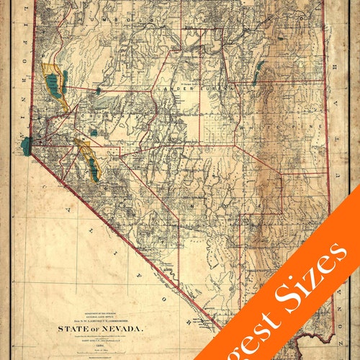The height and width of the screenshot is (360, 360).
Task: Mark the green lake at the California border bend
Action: coord(27,145)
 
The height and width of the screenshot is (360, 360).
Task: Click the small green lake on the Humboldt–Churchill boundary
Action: coord(96,91)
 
